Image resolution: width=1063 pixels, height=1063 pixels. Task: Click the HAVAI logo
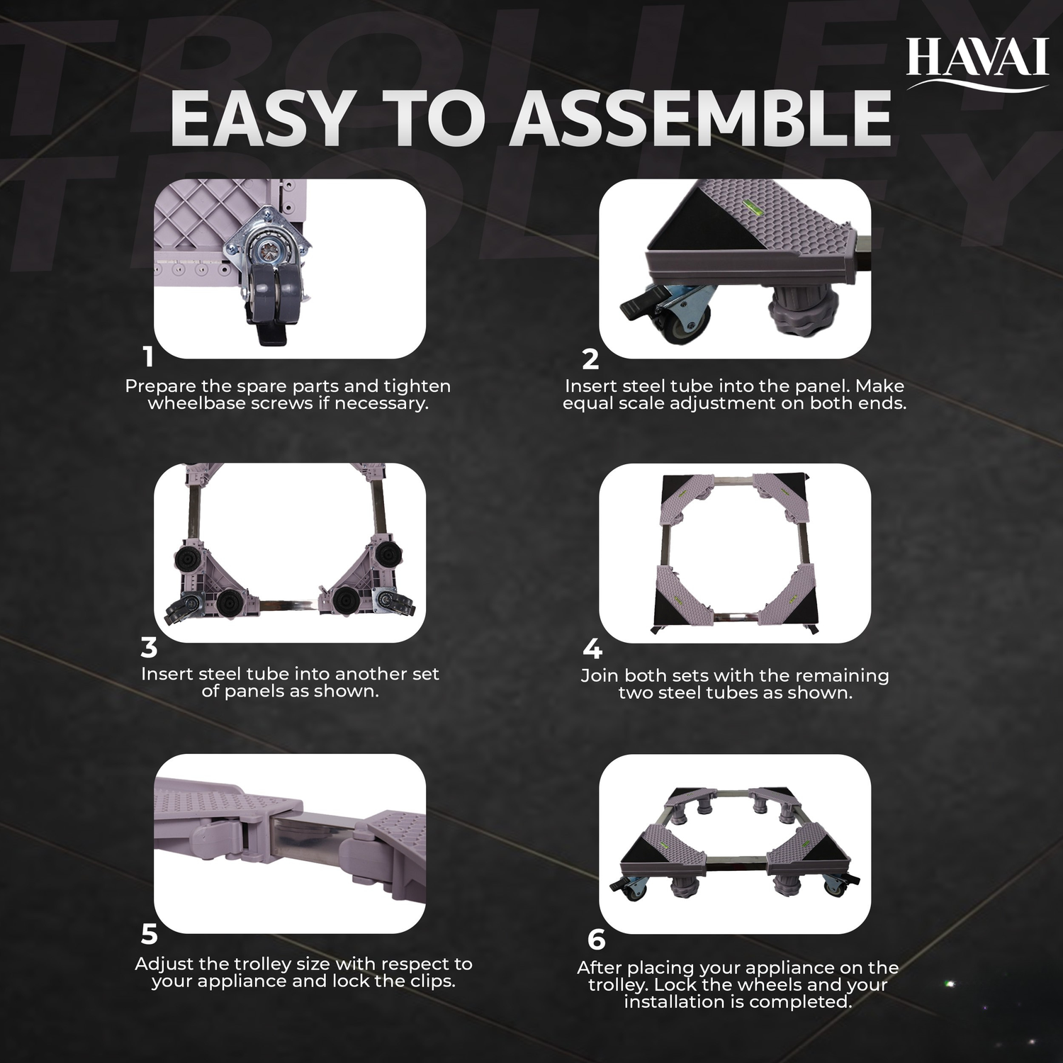[977, 62]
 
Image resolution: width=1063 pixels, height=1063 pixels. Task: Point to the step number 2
[590, 359]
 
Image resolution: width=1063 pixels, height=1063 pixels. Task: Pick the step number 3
[149, 648]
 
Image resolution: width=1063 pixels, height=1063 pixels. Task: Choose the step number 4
[592, 649]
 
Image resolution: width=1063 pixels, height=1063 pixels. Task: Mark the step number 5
[149, 935]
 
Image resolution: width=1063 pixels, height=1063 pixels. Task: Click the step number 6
[596, 940]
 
